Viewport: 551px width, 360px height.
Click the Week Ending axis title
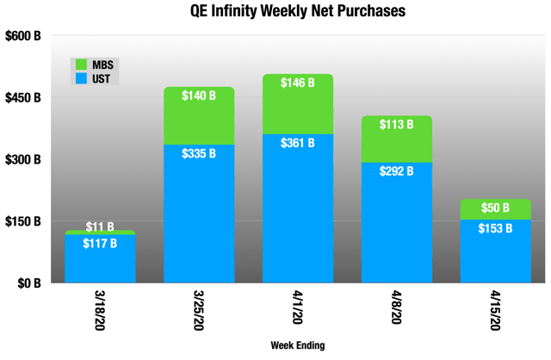coord(296,346)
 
